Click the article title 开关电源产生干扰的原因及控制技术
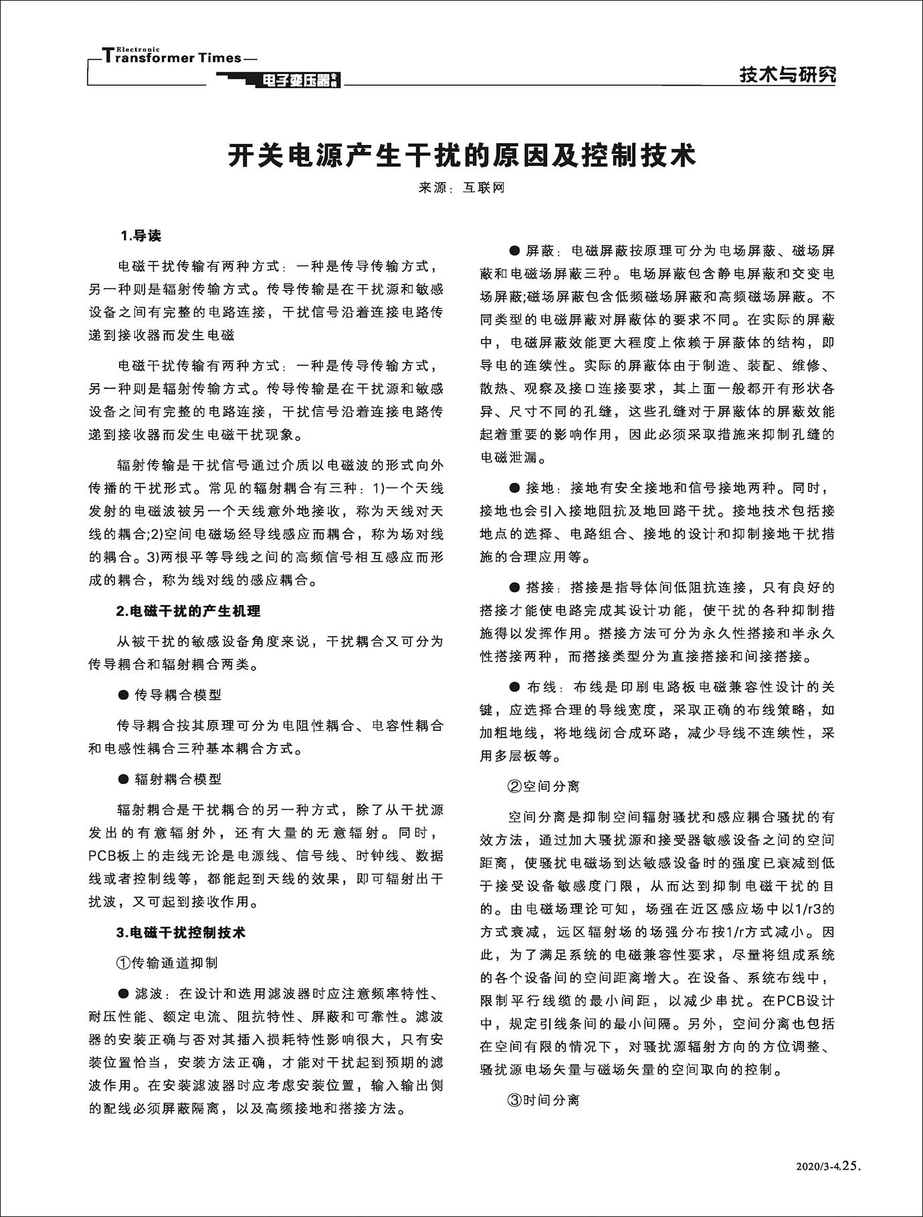pyautogui.click(x=461, y=155)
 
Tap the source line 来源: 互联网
pyautogui.click(x=461, y=189)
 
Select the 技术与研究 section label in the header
pyautogui.click(x=787, y=75)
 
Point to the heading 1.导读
pyautogui.click(x=140, y=236)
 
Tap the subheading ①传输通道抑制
pyautogui.click(x=167, y=963)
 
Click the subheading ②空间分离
pyautogui.click(x=544, y=786)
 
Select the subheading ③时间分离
pyautogui.click(x=544, y=1100)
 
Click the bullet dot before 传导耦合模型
pyautogui.click(x=123, y=695)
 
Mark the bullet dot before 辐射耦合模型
pyautogui.click(x=123, y=779)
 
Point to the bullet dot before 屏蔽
pyautogui.click(x=514, y=251)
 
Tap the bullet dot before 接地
pyautogui.click(x=514, y=488)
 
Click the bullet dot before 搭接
pyautogui.click(x=514, y=588)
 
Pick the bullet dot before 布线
pyautogui.click(x=514, y=687)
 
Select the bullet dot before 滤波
pyautogui.click(x=123, y=994)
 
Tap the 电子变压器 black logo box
pyautogui.click(x=294, y=82)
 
